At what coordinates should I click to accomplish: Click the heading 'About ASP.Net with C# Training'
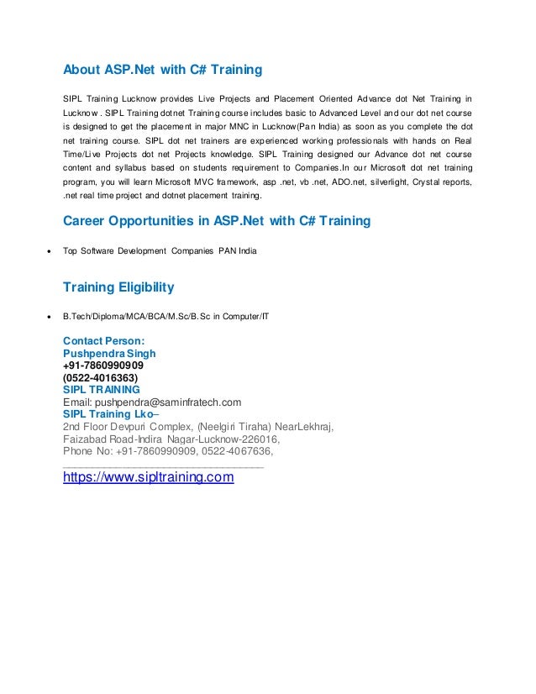(164, 68)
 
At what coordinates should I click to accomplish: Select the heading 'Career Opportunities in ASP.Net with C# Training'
(217, 221)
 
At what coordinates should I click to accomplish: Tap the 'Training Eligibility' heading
(119, 288)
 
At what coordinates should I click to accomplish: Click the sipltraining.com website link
(149, 478)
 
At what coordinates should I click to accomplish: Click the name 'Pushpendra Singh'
(109, 354)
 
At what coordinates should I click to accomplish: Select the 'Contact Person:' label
(104, 342)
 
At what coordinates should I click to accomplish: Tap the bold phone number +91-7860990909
(102, 365)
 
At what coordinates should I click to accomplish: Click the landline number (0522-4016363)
(101, 377)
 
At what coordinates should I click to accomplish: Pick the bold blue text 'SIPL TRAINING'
(102, 389)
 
